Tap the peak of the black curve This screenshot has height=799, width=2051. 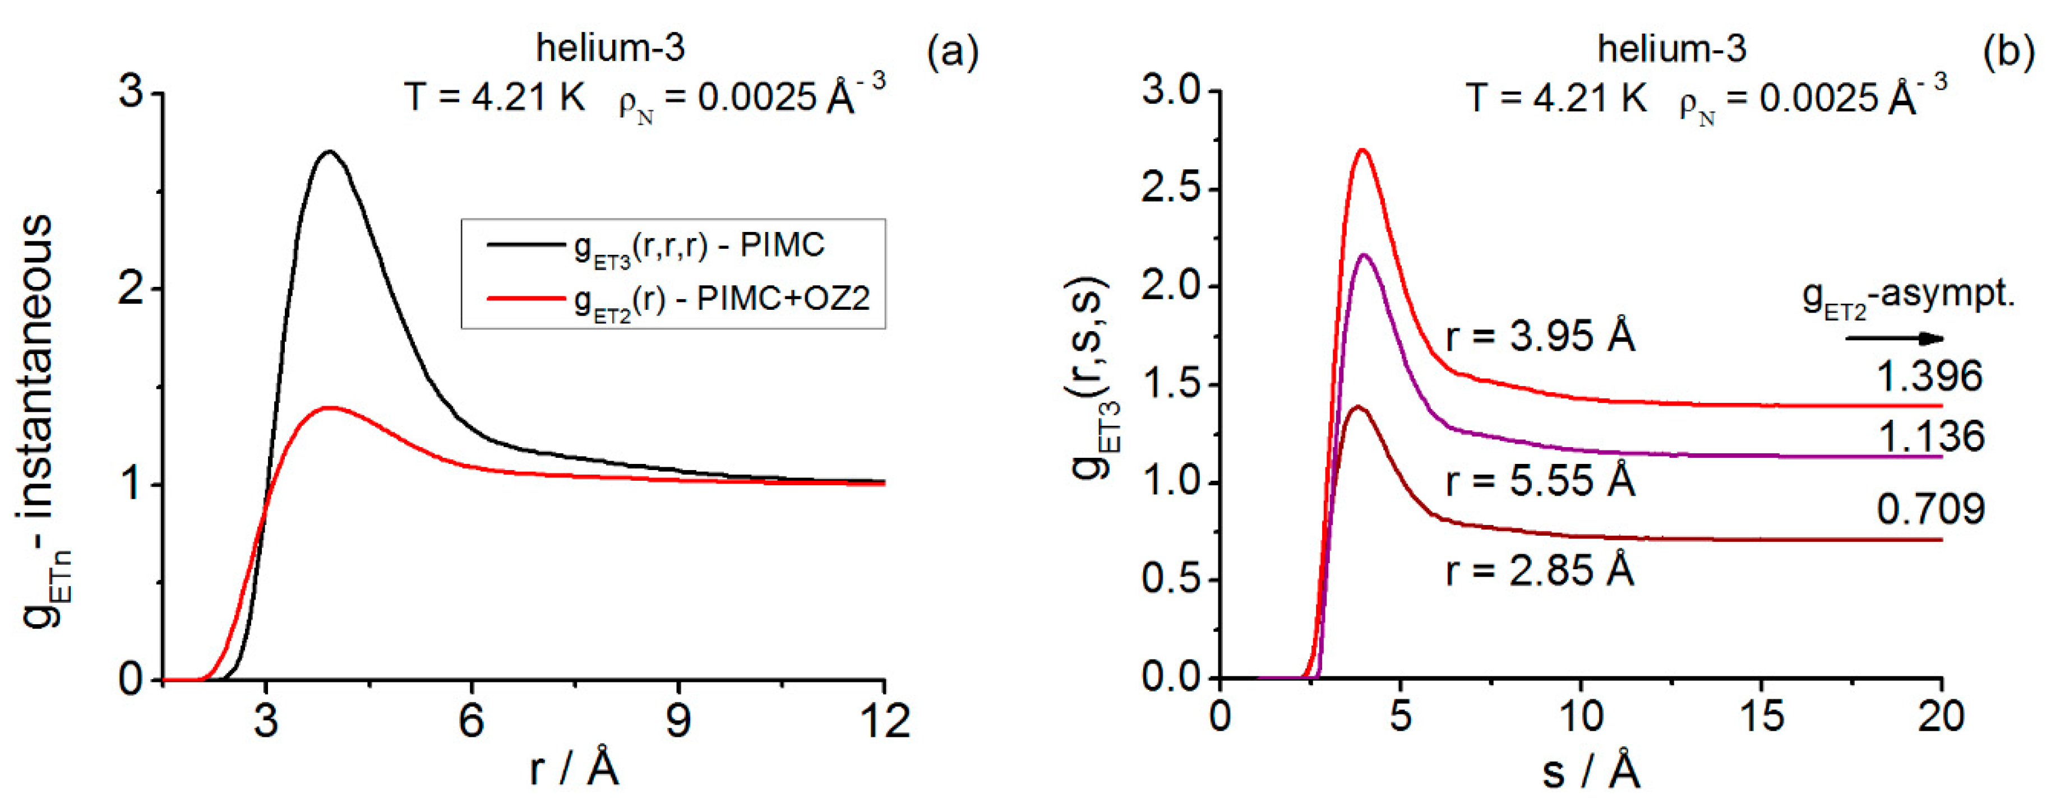click(328, 151)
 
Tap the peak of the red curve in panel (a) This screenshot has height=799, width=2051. click(328, 407)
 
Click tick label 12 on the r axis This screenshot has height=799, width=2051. click(884, 720)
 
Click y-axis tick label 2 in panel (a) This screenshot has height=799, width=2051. click(131, 288)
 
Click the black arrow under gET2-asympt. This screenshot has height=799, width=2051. click(1895, 339)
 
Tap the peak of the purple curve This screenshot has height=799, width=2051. click(1365, 255)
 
